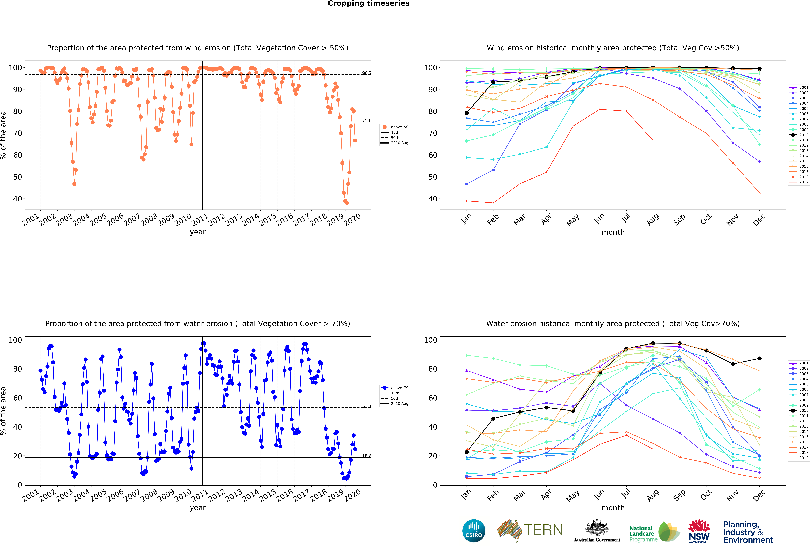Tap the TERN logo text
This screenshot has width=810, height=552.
click(x=543, y=530)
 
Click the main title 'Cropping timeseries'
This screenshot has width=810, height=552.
click(x=368, y=3)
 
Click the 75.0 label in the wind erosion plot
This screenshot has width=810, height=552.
click(x=367, y=121)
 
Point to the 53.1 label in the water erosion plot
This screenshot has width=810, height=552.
click(x=367, y=406)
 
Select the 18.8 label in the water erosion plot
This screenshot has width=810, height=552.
click(x=367, y=456)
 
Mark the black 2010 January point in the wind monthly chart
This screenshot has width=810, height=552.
click(x=467, y=113)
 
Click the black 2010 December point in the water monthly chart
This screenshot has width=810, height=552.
click(x=759, y=359)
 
